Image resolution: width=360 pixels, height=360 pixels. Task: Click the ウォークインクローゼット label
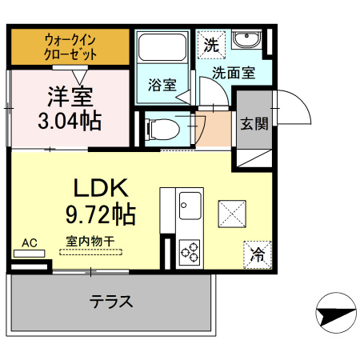coord(71,47)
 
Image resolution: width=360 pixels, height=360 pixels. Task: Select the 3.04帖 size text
coord(70,122)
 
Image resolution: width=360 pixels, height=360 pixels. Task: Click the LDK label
coord(101,189)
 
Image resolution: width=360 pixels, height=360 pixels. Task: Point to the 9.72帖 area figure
coord(100,214)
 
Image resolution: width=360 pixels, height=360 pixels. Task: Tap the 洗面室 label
coord(233,73)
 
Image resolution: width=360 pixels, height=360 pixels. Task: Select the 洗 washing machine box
coord(210,45)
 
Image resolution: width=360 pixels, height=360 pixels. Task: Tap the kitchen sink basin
coord(190,205)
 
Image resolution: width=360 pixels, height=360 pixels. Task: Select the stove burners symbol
coord(190,252)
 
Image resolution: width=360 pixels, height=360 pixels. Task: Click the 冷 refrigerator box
coord(258,254)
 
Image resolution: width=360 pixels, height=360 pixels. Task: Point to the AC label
coord(30,243)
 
